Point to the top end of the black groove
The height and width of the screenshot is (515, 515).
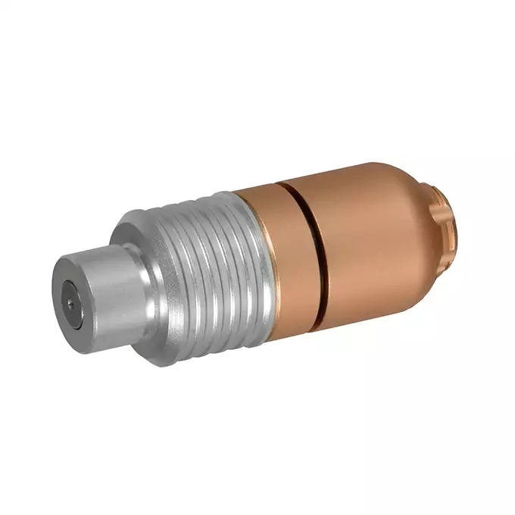click(282, 183)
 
